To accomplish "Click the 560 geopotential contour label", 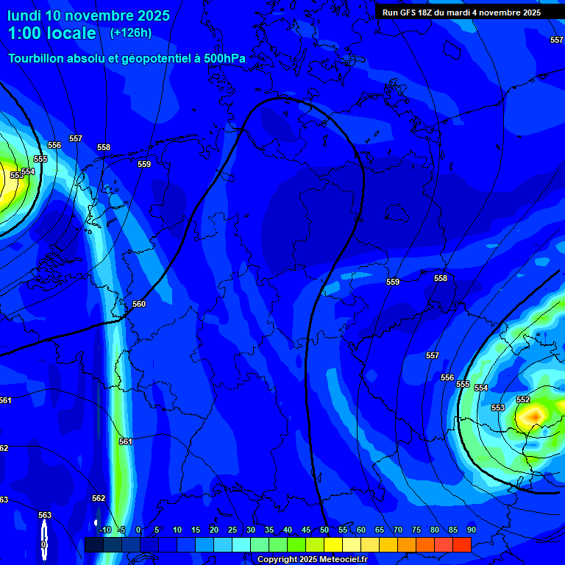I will (139, 304).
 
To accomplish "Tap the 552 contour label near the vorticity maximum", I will (523, 399).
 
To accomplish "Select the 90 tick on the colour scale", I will (471, 530).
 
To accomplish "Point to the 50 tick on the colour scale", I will (324, 530).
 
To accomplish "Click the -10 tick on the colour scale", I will (104, 530).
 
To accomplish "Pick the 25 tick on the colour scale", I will (232, 530).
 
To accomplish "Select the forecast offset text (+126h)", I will (130, 32).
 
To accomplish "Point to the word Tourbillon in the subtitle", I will (36, 58).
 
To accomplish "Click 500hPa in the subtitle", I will (224, 58).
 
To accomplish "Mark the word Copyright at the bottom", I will (278, 559).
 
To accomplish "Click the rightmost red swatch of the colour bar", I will (461, 544).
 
